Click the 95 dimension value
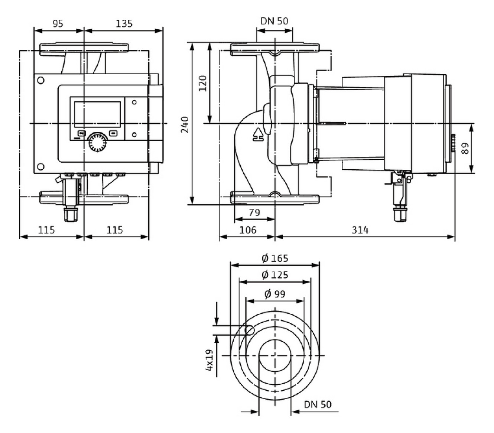(58, 24)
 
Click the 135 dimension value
(124, 24)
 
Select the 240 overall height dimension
(185, 124)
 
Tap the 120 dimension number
(203, 84)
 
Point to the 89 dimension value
(465, 149)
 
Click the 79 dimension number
(254, 212)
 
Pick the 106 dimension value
(248, 230)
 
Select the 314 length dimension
(360, 230)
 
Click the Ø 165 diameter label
(275, 258)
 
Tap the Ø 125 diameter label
(275, 275)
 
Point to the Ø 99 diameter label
(275, 294)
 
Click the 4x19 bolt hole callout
(209, 360)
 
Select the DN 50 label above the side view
(274, 21)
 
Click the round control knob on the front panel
(98, 143)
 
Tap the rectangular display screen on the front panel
(98, 114)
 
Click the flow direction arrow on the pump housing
(258, 134)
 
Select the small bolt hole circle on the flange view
(250, 330)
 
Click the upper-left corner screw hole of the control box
(41, 80)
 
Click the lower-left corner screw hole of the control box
(41, 167)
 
